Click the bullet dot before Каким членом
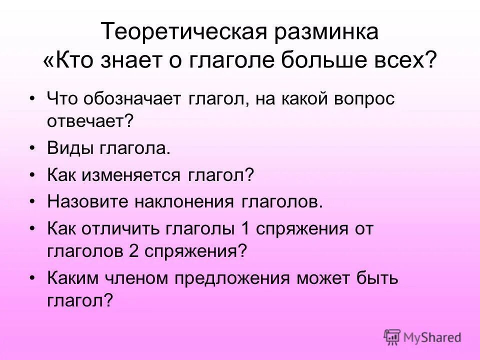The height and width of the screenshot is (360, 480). [32, 277]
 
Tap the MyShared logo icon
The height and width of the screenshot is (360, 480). [392, 337]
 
